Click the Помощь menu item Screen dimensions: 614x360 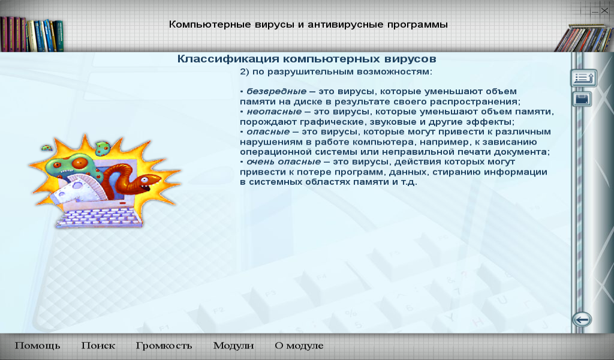[38, 346]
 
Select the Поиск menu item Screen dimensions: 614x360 [98, 346]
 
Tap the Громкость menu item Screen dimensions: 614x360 [164, 346]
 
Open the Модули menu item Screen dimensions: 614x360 [233, 346]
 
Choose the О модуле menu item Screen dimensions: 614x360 [299, 346]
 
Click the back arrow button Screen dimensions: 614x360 [582, 320]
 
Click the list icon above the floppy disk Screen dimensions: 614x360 [583, 78]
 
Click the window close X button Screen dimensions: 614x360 [604, 11]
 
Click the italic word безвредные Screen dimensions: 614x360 [276, 91]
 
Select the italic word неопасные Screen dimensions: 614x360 [274, 112]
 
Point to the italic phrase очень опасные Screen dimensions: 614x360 [284, 162]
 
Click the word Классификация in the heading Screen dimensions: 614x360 [228, 59]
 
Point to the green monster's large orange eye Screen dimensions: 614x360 [80, 162]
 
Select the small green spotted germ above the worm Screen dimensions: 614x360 [102, 147]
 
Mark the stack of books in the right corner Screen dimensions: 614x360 [584, 38]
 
